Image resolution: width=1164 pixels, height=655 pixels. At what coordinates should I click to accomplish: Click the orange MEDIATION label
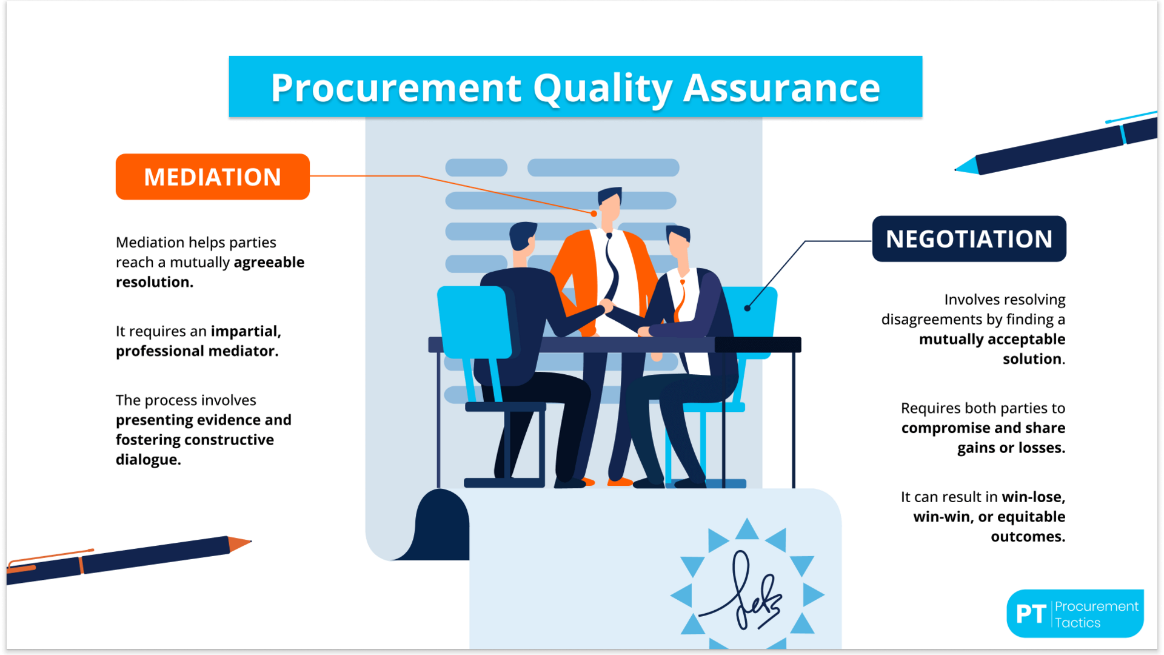pyautogui.click(x=213, y=176)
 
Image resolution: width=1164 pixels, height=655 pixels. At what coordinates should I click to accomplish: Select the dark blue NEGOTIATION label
pyautogui.click(x=969, y=239)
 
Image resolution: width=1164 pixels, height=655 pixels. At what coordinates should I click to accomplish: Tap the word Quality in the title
pyautogui.click(x=603, y=89)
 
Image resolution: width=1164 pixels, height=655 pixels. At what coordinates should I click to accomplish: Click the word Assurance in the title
pyautogui.click(x=781, y=88)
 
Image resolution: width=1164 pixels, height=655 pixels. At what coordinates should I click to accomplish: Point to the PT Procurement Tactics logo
pyautogui.click(x=1075, y=613)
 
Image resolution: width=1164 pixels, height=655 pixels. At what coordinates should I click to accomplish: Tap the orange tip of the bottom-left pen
pyautogui.click(x=239, y=543)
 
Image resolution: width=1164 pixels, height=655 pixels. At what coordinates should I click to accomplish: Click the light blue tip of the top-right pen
pyautogui.click(x=967, y=166)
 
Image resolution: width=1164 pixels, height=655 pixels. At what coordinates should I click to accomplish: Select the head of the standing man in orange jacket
pyautogui.click(x=609, y=204)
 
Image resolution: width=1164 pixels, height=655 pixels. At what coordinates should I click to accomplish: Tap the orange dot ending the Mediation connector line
pyautogui.click(x=594, y=213)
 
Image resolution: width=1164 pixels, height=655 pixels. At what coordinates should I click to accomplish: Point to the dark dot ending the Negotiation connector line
pyautogui.click(x=748, y=308)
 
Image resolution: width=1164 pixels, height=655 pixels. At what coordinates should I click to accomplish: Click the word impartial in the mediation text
pyautogui.click(x=246, y=331)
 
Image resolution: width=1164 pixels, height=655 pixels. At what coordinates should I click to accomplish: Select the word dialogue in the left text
pyautogui.click(x=149, y=460)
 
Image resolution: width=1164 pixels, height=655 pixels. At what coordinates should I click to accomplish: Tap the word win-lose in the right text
pyautogui.click(x=1034, y=497)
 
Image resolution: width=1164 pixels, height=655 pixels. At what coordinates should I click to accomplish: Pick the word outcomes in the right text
pyautogui.click(x=1028, y=537)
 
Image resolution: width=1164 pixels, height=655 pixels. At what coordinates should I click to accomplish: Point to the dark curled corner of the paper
pyautogui.click(x=442, y=525)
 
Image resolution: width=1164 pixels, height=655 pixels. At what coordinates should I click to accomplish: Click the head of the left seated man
pyautogui.click(x=523, y=237)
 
